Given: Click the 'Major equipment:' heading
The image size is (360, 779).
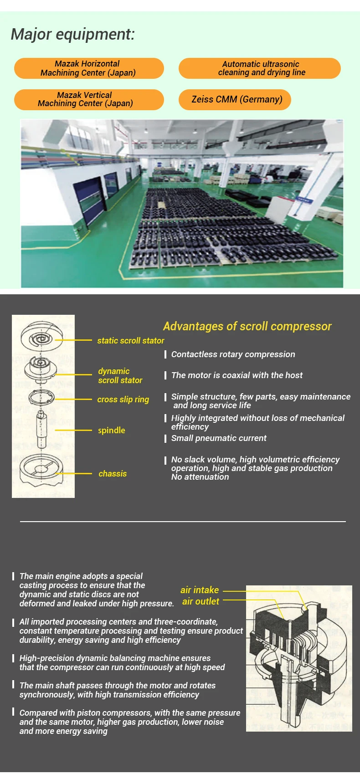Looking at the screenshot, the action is (73, 34).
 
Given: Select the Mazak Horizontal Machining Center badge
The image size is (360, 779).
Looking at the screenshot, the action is (88, 68).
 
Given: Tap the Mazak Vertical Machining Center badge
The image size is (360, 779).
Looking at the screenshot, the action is (88, 99).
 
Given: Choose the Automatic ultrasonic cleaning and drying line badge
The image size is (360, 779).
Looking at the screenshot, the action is (260, 68).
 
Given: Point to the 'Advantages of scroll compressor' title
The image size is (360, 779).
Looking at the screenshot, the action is (247, 326).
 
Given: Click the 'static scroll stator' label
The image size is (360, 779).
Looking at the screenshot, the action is (130, 340).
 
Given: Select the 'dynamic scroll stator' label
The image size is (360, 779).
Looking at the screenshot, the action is (119, 376).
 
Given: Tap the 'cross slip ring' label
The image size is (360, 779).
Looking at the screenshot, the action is (123, 400).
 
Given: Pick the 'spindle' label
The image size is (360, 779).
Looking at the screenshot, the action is (111, 430).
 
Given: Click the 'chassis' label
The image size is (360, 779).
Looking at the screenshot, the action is (113, 474).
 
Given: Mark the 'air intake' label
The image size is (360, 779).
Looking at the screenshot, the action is (200, 590).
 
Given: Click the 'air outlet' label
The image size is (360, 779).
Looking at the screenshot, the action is (201, 602).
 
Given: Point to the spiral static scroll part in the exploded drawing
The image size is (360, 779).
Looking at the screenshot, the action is (40, 338).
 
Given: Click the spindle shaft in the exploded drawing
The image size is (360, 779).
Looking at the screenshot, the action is (41, 428).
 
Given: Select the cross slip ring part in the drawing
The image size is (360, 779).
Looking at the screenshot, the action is (41, 398).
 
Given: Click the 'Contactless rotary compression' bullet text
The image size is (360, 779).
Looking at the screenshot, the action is (233, 354).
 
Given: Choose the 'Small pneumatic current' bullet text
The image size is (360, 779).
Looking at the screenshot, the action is (219, 438).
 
